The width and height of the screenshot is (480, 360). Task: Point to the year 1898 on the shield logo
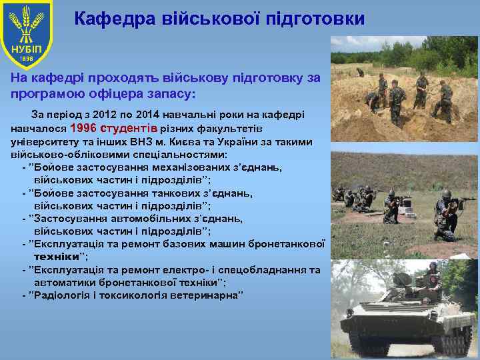coord(25,59)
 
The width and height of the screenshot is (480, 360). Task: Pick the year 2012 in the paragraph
coord(109,115)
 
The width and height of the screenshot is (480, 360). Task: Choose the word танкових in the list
coord(179,193)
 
